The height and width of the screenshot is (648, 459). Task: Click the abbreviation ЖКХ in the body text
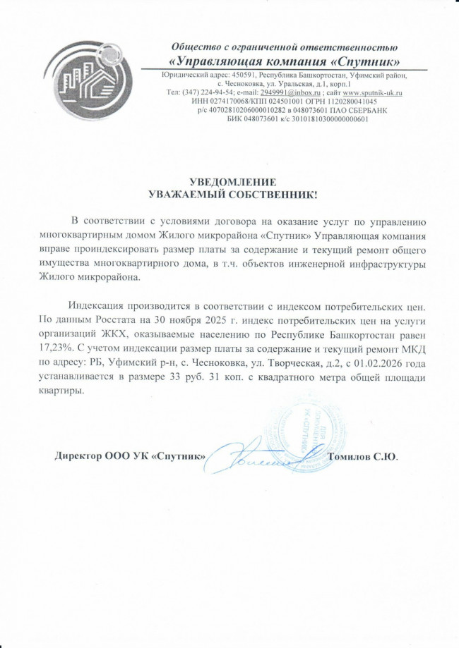[x=112, y=335]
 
